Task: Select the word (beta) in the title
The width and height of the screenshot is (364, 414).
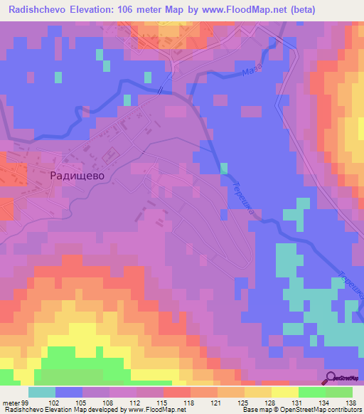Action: [x=299, y=9]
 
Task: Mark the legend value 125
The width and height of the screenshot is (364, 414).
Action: [x=245, y=404]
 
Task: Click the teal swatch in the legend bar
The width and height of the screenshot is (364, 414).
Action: [x=42, y=392]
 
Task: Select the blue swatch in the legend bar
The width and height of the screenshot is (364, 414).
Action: [x=69, y=392]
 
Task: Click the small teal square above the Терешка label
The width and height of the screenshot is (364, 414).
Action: [x=224, y=169]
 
